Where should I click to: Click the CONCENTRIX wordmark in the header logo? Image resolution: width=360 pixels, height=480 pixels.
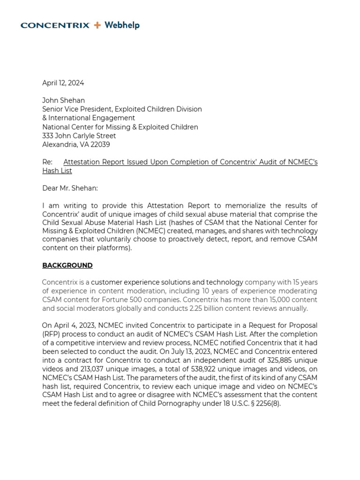coord(55,25)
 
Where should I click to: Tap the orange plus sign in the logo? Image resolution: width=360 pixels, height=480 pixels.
coord(97,25)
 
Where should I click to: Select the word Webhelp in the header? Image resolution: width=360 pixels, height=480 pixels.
coord(122,25)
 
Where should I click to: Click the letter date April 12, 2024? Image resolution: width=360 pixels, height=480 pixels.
coord(63,83)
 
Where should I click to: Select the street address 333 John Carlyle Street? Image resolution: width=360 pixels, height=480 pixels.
coord(79,136)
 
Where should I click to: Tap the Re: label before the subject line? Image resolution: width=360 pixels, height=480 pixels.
coord(47,162)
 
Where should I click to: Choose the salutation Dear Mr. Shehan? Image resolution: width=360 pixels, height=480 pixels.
coord(70,188)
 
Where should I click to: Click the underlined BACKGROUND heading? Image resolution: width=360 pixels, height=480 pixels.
coord(67,265)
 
